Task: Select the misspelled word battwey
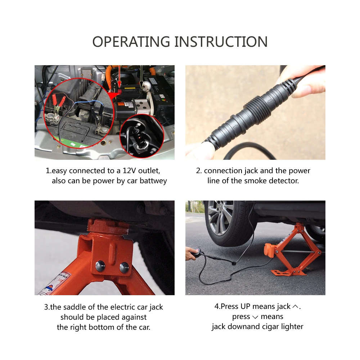[153, 181]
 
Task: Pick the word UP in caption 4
[246, 306]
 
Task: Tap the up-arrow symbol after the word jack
[296, 306]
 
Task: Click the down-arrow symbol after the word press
[255, 317]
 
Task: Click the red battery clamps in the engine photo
[58, 101]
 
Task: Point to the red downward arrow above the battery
[119, 75]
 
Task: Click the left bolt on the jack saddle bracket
[100, 266]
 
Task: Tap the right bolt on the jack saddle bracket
[124, 267]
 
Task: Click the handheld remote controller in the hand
[196, 252]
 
